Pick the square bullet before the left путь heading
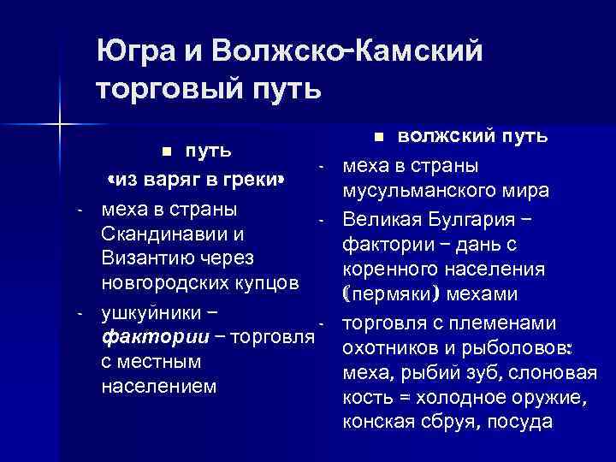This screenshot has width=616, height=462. pos(169,152)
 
